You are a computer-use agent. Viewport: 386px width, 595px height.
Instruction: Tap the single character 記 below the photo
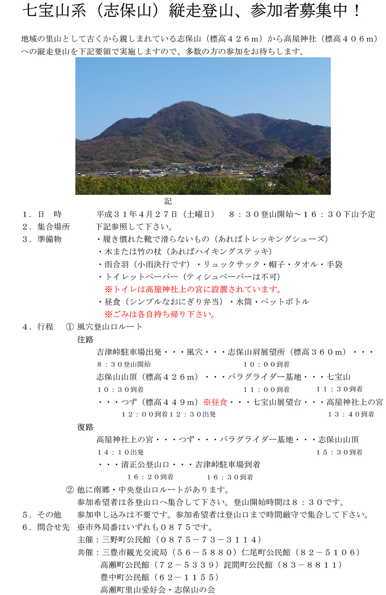168,201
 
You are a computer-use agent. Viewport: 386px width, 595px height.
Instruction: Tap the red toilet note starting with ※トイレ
193,289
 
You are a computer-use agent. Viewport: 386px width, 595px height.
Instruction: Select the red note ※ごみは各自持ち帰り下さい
160,314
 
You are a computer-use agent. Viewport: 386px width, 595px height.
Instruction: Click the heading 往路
85,339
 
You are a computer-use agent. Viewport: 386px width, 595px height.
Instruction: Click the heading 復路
85,427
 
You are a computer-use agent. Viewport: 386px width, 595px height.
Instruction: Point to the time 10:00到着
266,364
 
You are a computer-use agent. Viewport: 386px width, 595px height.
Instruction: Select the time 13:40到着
351,414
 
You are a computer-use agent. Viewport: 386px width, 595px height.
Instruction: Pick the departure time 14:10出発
120,452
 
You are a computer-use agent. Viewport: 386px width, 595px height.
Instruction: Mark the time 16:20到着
150,477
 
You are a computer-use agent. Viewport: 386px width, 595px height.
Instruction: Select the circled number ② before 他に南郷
70,489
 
